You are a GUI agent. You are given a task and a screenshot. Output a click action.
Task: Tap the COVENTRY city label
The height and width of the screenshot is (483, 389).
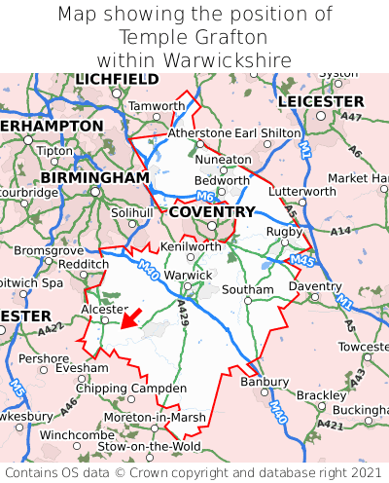click(211, 211)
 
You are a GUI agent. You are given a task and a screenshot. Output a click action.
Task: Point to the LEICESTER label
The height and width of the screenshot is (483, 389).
click(320, 101)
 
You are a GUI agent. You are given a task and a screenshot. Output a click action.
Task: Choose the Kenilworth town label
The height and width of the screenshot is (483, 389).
click(191, 246)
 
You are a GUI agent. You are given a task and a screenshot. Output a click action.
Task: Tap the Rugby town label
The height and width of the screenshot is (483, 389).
click(284, 231)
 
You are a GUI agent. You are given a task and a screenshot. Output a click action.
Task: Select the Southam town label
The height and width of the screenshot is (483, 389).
click(248, 289)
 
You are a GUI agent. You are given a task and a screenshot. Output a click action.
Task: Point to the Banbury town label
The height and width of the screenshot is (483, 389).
click(265, 381)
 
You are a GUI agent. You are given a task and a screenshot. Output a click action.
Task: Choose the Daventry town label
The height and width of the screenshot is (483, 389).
click(315, 287)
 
